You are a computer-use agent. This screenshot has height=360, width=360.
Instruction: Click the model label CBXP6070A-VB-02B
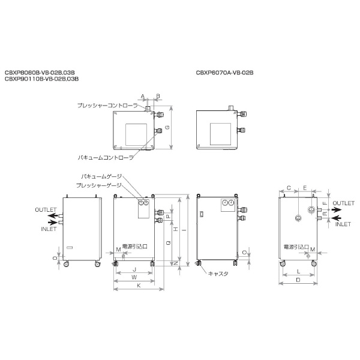coord(225,72)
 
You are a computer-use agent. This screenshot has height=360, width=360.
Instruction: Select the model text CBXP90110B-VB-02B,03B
coord(41,79)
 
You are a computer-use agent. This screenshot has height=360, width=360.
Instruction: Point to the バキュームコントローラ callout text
coord(106,156)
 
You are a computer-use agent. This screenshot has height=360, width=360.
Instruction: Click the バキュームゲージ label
coord(101,176)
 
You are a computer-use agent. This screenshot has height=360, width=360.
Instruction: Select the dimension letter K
coord(139,286)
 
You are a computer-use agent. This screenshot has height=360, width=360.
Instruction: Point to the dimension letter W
coord(134,278)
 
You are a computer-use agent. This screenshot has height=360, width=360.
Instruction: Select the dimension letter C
coord(289,188)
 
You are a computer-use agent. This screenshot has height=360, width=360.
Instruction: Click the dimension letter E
coord(304,188)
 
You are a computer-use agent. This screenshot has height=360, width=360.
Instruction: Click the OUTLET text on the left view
coord(46,209)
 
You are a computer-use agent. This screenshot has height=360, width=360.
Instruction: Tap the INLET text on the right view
coord(343,224)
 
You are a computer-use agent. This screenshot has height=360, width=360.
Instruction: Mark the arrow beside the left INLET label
coord(53,223)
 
